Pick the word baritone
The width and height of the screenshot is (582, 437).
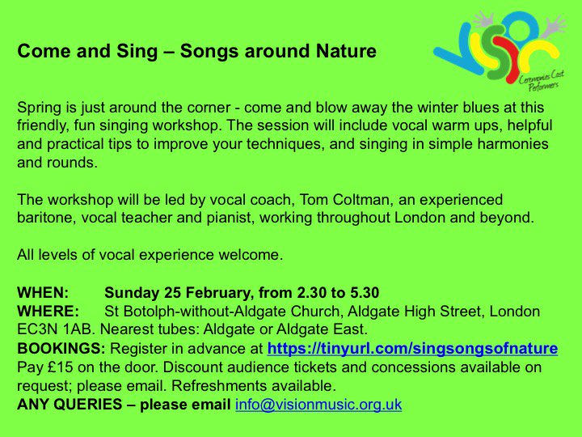point(44,217)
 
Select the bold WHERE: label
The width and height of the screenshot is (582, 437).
point(48,311)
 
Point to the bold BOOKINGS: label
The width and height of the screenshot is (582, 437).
point(61,349)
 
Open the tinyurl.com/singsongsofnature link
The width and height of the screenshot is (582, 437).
point(411,349)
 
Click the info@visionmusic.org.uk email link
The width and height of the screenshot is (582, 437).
point(318,404)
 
